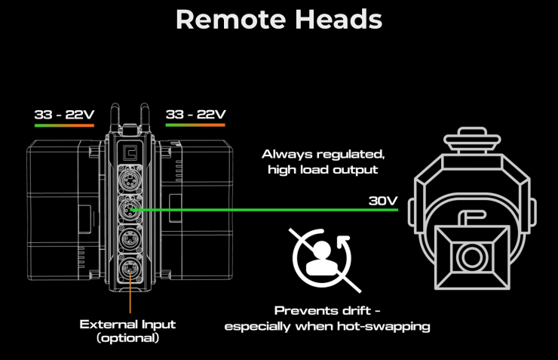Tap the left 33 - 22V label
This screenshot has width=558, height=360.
[x=64, y=115]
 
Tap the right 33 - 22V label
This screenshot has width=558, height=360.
[x=195, y=115]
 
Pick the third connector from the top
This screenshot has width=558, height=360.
[x=130, y=240]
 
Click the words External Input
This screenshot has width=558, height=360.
[x=127, y=325]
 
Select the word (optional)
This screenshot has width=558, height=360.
[x=127, y=338]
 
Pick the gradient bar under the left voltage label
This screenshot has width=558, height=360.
[x=64, y=125]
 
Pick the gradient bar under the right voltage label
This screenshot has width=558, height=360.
[x=195, y=125]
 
